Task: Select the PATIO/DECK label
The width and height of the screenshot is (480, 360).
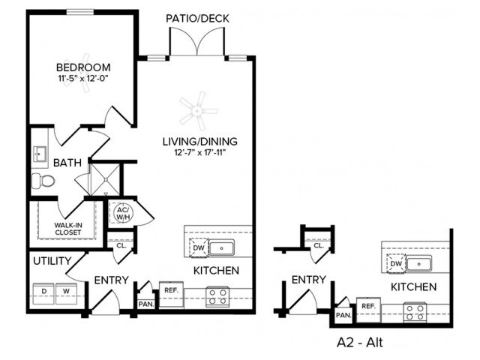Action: tap(197, 19)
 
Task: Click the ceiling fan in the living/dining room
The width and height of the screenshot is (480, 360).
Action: tap(198, 111)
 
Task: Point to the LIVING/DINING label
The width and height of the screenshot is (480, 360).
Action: tap(200, 141)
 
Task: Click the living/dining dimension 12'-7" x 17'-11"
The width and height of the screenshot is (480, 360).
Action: tap(200, 153)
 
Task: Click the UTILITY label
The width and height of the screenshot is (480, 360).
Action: tap(51, 261)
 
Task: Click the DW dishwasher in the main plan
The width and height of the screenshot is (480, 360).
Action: tap(199, 247)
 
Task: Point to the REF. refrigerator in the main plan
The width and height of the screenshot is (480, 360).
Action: tap(169, 290)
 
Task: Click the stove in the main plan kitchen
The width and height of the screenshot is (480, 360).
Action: tap(217, 297)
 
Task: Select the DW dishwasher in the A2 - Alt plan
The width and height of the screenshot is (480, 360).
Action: tap(396, 263)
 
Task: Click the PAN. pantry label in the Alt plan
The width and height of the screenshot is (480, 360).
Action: tap(343, 316)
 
